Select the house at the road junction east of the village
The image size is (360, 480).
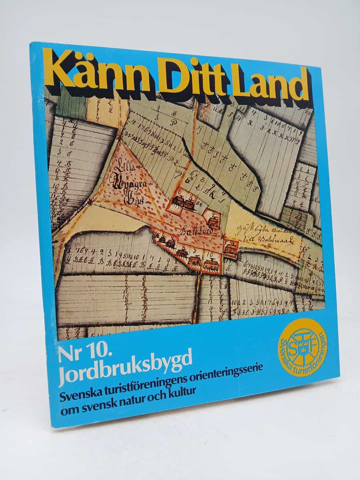pyautogui.click(x=230, y=249)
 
